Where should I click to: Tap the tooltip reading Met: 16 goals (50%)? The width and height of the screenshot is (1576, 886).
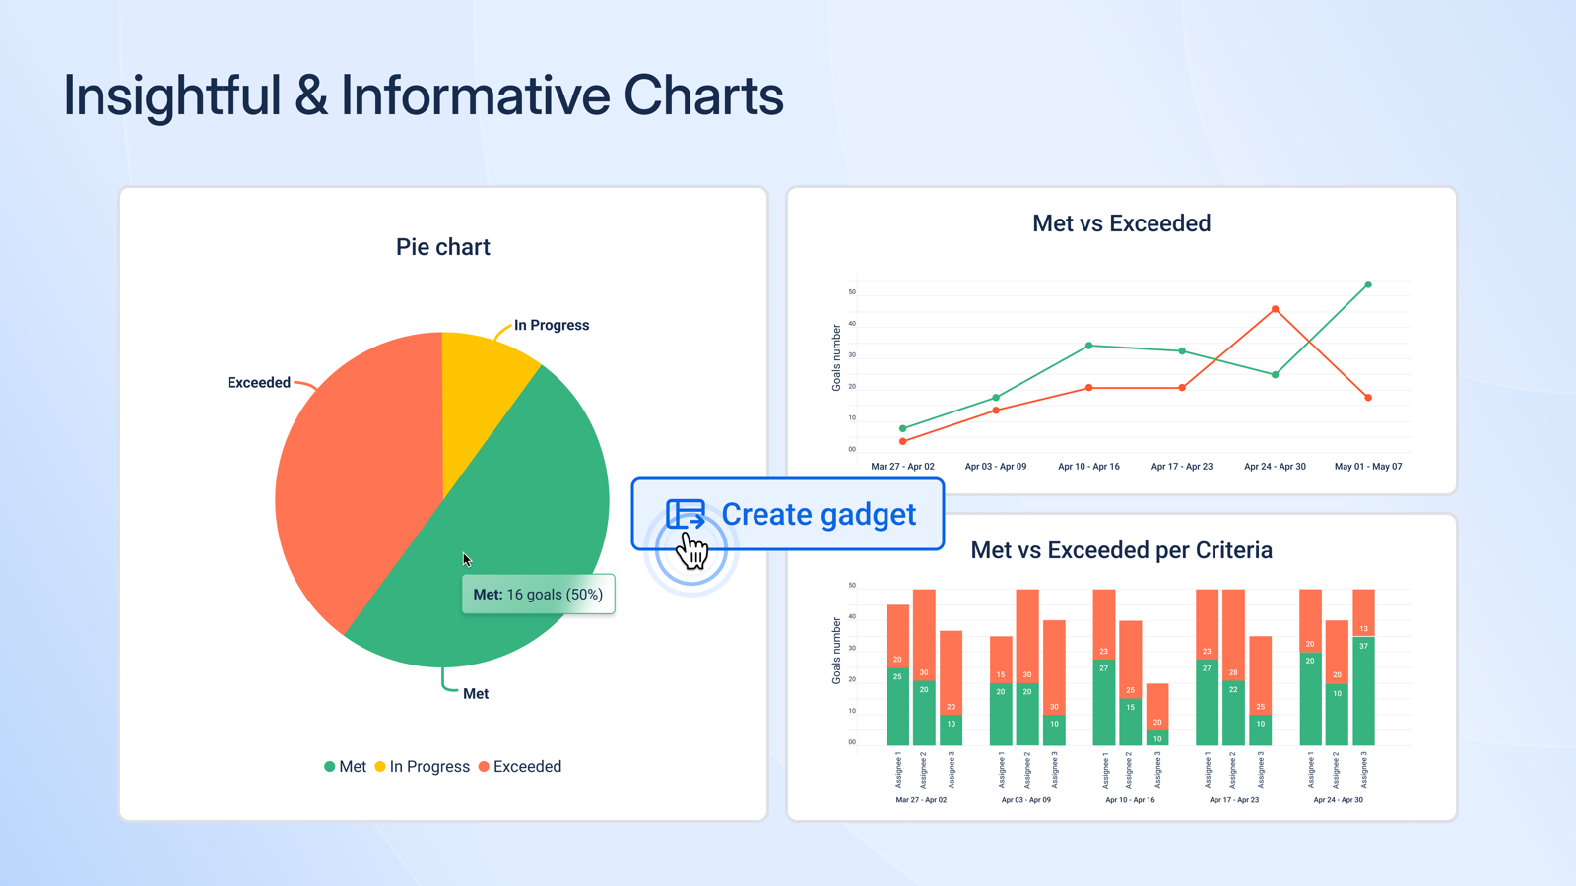(538, 595)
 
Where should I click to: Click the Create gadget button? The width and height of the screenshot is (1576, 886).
(788, 514)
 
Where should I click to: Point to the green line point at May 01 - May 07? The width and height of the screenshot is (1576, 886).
(1368, 285)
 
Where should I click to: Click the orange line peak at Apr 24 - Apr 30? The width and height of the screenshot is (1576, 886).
(1276, 309)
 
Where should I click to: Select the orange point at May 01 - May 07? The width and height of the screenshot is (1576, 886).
(1368, 398)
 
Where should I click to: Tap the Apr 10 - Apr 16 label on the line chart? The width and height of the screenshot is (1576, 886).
(1088, 467)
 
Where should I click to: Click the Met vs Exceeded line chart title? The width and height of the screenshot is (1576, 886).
(1121, 223)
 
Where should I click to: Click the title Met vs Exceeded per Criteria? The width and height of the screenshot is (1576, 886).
(1121, 550)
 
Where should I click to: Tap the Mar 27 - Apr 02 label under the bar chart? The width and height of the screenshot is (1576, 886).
(921, 800)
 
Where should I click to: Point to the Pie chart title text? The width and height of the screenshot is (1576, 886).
(442, 247)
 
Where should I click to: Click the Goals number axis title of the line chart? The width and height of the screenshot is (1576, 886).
(836, 358)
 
